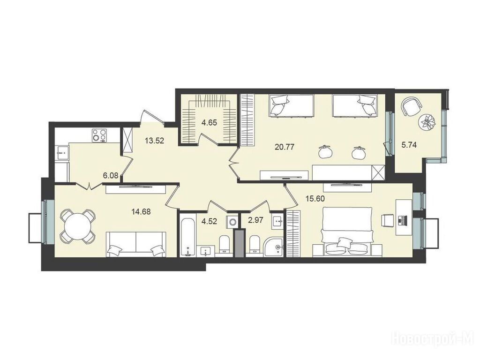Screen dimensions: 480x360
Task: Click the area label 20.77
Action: click(285, 147)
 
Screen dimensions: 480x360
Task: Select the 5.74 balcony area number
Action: click(409, 145)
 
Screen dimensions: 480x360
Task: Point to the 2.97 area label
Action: click(255, 220)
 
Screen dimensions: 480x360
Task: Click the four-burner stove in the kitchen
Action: click(100, 135)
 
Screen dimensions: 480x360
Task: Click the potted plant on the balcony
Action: click(427, 122)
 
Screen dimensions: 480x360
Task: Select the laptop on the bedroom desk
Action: click(403, 219)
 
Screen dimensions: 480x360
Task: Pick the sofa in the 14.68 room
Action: click(136, 244)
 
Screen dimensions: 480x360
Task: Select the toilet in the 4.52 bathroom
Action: click(224, 244)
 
